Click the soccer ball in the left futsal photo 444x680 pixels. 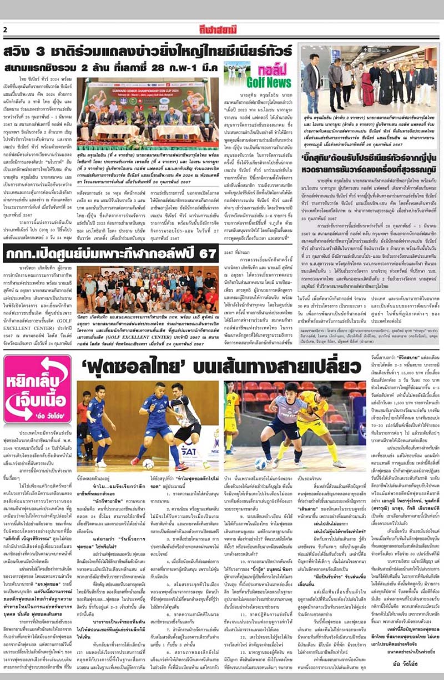click(x=149, y=463)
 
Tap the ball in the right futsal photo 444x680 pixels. click(x=261, y=463)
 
